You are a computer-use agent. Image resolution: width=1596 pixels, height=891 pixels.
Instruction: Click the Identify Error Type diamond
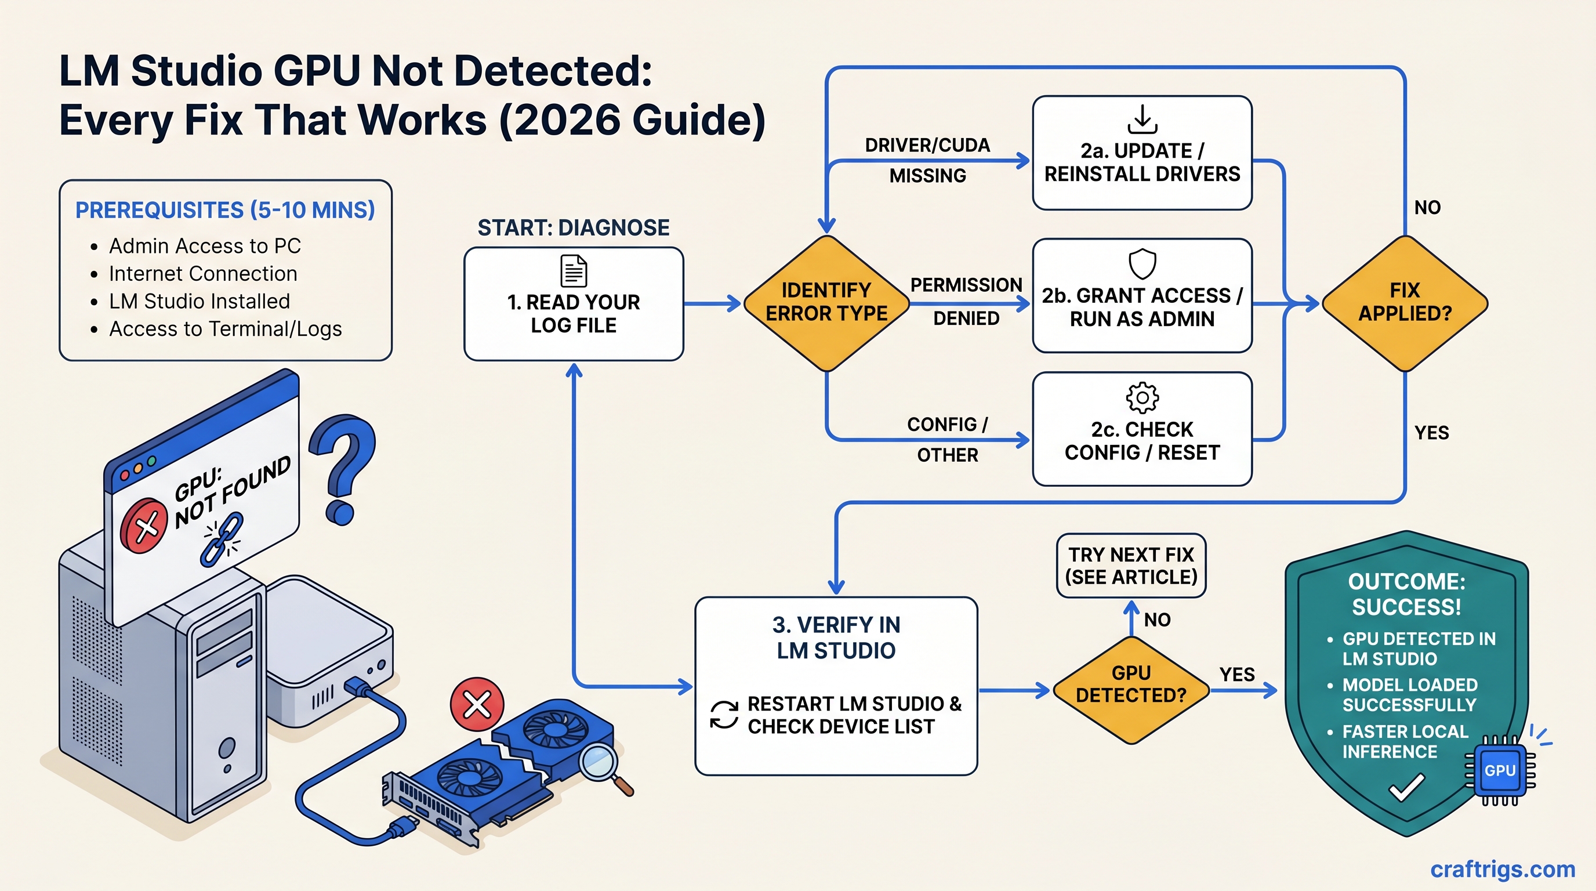[826, 303]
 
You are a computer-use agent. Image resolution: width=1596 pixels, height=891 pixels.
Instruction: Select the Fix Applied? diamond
[1405, 303]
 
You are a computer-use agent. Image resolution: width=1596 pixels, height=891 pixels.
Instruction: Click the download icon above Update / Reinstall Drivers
[1142, 119]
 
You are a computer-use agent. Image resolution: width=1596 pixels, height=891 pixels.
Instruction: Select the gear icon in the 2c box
[1142, 398]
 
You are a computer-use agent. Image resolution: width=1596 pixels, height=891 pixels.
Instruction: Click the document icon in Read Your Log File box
[573, 271]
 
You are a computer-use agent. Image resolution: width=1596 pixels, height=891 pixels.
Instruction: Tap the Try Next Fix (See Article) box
[1131, 566]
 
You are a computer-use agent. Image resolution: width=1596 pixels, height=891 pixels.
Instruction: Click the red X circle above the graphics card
[477, 704]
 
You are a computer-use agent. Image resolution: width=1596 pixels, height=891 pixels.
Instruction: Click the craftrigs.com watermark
[1503, 870]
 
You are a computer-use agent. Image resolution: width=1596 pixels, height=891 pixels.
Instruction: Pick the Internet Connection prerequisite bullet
[202, 273]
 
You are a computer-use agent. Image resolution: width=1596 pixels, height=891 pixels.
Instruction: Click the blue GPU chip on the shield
[1499, 770]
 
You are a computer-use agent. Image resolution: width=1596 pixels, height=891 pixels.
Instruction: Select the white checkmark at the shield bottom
[1406, 789]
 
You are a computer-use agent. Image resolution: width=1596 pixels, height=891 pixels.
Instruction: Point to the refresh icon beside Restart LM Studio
[724, 715]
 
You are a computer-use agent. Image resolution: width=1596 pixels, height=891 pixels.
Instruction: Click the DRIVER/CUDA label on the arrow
[927, 145]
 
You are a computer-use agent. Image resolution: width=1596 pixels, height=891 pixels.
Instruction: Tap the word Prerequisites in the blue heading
[159, 210]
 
